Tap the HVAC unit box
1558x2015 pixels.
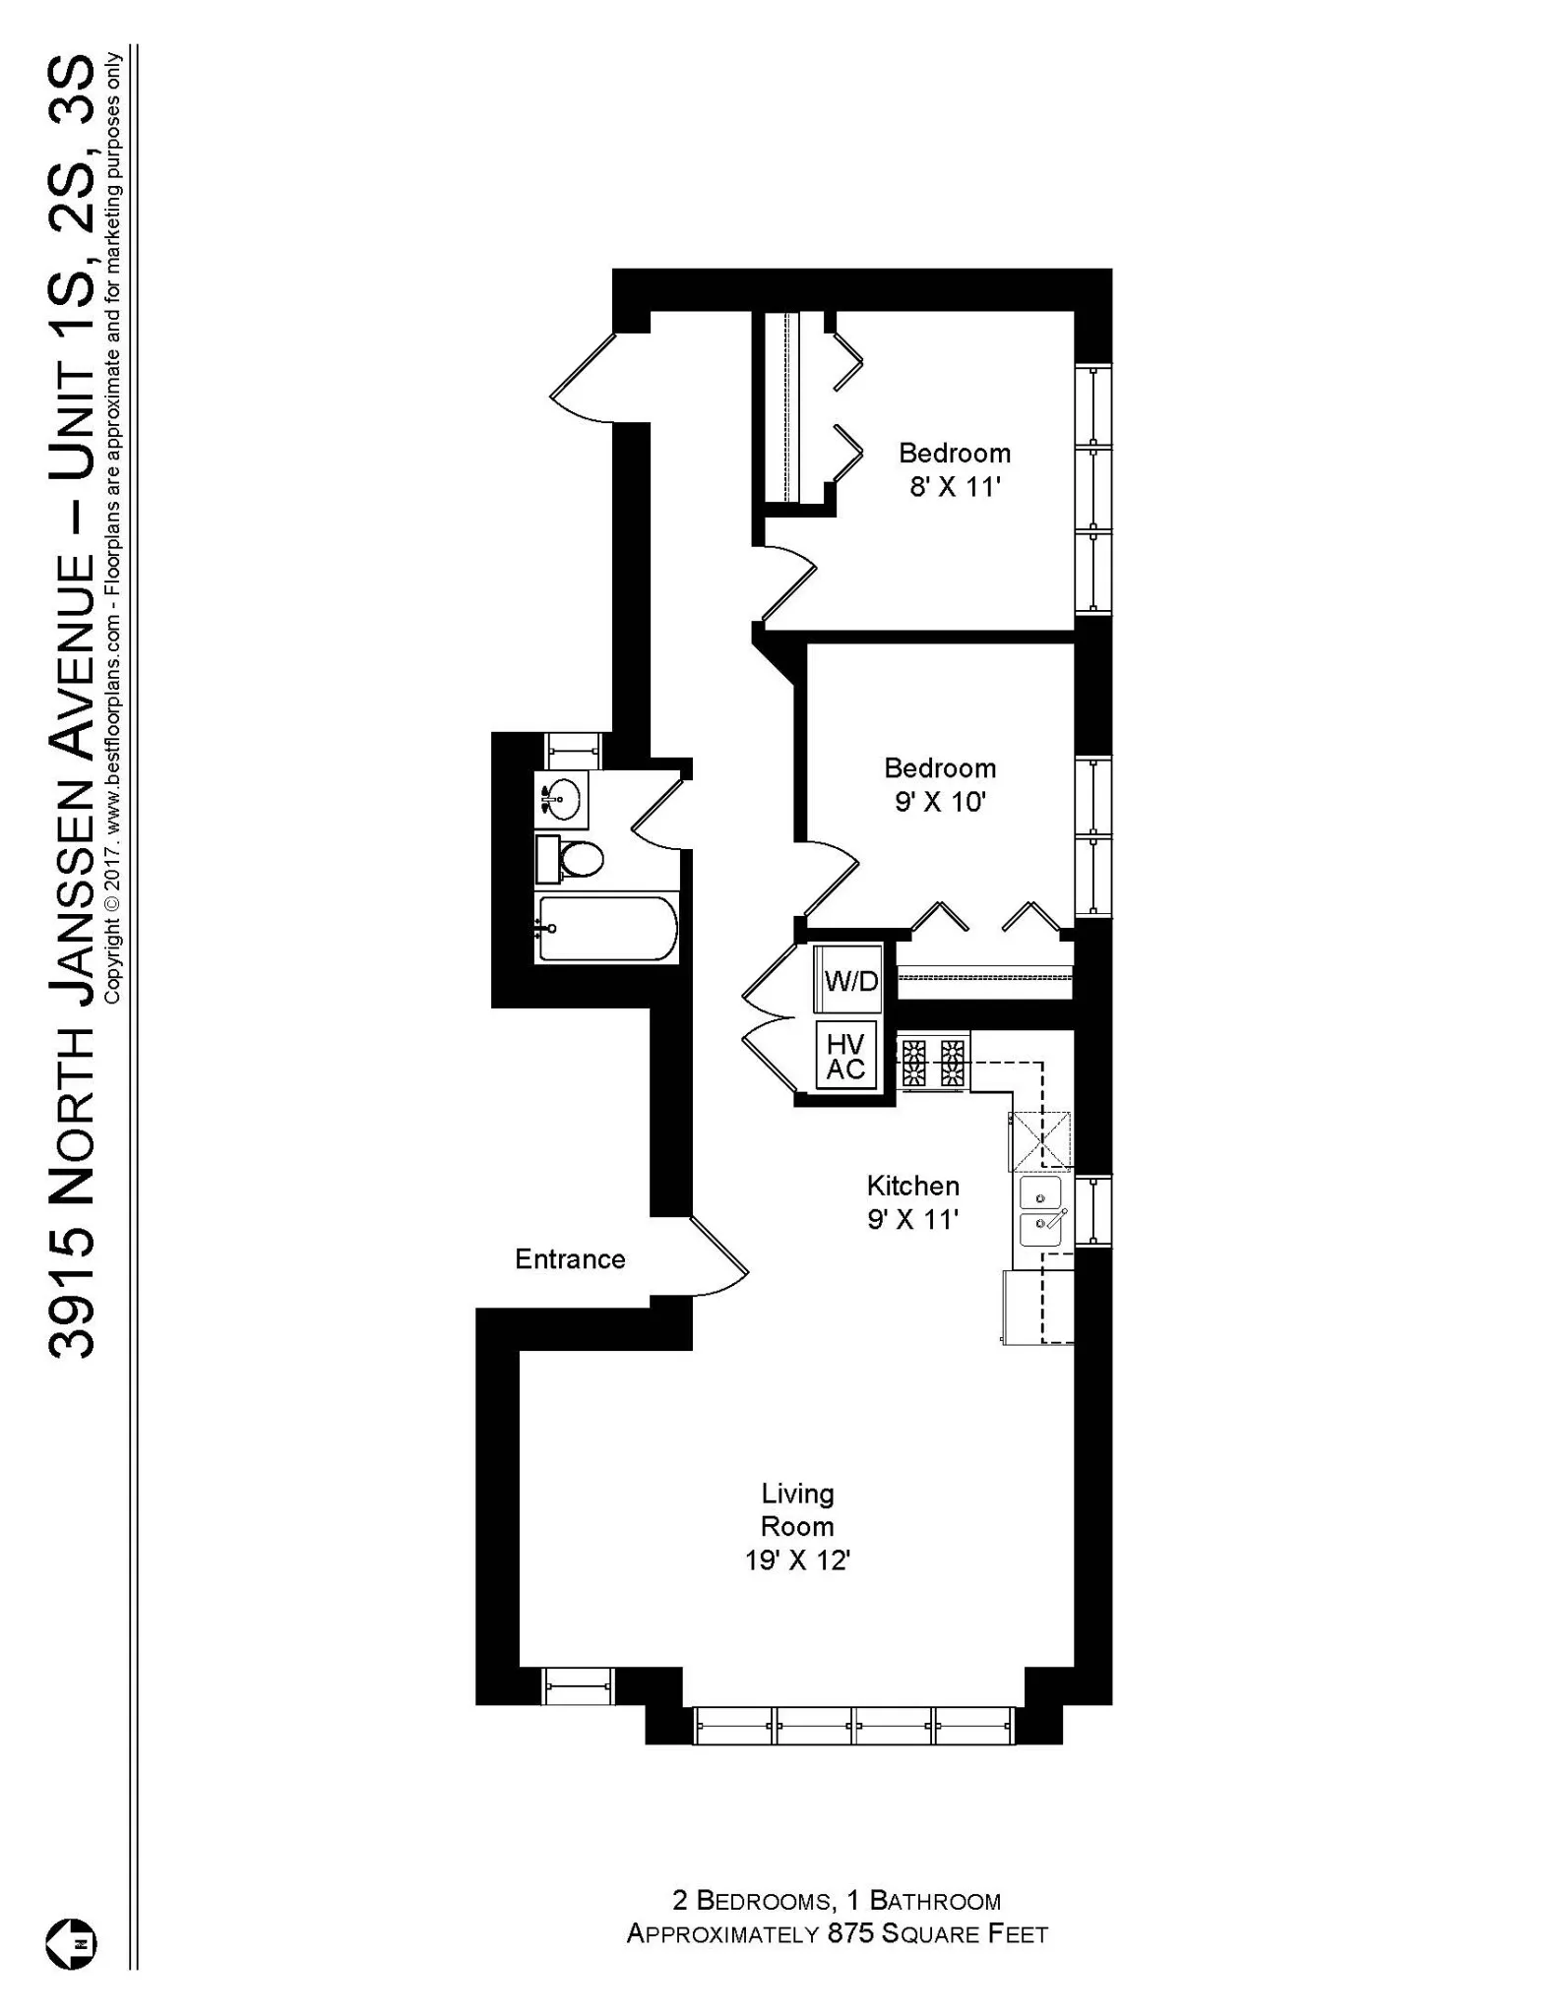click(845, 1057)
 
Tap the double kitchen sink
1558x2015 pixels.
click(1040, 1209)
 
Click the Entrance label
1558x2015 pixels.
click(570, 1259)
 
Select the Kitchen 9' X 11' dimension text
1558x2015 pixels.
click(912, 1220)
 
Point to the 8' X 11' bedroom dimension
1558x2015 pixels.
click(954, 487)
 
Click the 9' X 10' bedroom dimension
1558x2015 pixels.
click(940, 802)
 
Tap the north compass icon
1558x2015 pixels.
click(71, 1944)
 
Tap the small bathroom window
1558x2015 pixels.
click(573, 751)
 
